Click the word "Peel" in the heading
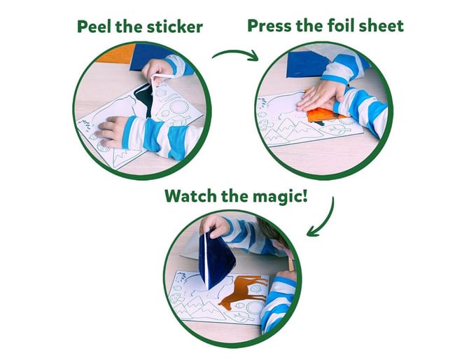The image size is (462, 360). click(x=94, y=27)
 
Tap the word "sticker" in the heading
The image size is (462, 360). click(x=175, y=27)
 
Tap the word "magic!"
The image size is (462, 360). click(x=278, y=197)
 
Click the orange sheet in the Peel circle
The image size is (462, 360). click(x=116, y=53)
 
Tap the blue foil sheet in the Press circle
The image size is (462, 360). click(x=307, y=64)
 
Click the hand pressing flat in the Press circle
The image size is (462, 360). click(x=320, y=96)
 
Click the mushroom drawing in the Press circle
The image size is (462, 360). click(x=263, y=125)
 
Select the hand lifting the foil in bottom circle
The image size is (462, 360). click(x=214, y=225)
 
